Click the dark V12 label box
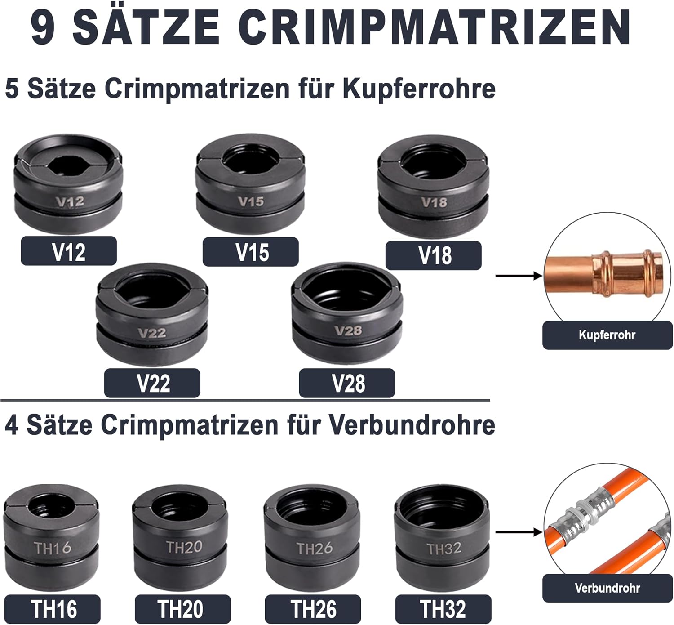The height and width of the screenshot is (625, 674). tap(69, 251)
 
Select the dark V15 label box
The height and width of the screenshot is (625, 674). tap(250, 252)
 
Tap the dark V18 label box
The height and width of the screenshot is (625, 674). tap(434, 255)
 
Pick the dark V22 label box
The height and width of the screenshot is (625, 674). tap(152, 383)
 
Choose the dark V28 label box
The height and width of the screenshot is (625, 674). tap(347, 383)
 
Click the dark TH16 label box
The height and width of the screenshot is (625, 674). tap(53, 609)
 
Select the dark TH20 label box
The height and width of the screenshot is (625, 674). tap(182, 609)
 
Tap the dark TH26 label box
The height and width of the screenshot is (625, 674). tap(313, 609)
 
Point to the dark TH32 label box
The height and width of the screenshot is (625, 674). tap(443, 609)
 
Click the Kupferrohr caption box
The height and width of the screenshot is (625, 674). tap(607, 335)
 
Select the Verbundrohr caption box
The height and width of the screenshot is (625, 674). tap(607, 588)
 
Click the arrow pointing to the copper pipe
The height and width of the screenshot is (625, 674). tap(519, 276)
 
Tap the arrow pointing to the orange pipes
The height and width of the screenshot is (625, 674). tap(519, 532)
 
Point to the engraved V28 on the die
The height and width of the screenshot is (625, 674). tap(348, 330)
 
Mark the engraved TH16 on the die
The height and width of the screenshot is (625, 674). tap(53, 548)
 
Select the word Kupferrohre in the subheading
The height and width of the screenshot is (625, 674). tap(419, 89)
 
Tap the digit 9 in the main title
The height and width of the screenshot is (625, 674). tap(43, 27)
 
